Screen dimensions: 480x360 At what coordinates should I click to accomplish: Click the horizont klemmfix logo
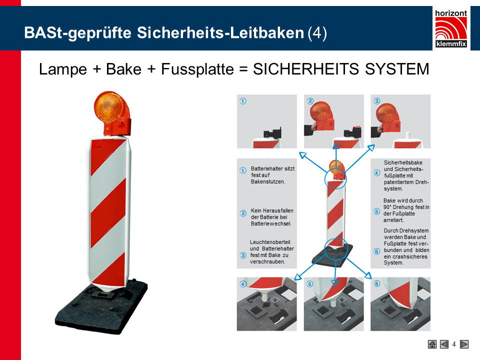pos(451,28)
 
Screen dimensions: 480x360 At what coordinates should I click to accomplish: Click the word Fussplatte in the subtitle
pos(197,69)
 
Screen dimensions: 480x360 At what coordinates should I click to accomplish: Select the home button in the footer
pos(432,344)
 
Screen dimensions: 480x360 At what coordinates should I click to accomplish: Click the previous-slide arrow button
pos(444,344)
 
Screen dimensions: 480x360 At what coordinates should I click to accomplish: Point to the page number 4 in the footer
pos(454,344)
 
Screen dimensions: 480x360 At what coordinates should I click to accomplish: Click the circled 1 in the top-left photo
pos(243,101)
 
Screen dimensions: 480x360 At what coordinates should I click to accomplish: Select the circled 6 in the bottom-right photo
pos(377,284)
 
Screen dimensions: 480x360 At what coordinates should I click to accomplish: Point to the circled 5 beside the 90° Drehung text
pos(377,211)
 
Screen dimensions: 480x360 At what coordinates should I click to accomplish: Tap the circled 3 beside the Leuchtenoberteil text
pos(243,255)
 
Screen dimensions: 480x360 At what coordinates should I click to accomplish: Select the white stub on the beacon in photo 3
pos(407,136)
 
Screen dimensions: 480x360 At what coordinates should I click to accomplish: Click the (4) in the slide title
pos(317,33)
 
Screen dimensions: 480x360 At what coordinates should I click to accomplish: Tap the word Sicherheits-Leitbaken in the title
pos(220,33)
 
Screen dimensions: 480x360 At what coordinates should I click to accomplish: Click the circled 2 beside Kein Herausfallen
pos(243,213)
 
